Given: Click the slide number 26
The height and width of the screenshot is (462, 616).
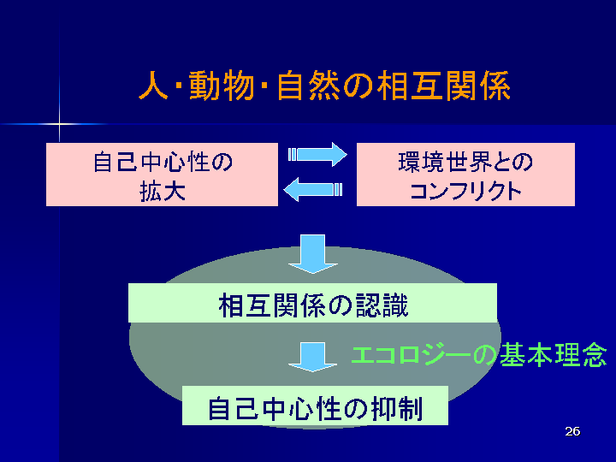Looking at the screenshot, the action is coord(572,431).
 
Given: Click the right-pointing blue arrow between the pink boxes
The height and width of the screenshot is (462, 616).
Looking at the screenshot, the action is coord(317,154).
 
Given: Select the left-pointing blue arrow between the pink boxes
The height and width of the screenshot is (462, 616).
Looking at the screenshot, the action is coord(313,189).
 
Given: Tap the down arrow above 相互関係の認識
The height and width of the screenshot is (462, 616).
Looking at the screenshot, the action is coord(313,254).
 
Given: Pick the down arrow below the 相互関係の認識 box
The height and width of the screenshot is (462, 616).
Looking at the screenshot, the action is coord(313,357).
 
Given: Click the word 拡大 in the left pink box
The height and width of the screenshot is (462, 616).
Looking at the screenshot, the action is coord(163,192).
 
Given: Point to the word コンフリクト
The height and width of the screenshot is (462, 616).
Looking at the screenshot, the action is coord(465,192).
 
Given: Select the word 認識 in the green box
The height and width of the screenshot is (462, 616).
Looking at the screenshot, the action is coord(382,305).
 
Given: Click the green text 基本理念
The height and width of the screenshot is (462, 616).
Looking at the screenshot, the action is coord(554,355).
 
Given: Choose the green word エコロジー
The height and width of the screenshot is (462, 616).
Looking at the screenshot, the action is coord(411,355).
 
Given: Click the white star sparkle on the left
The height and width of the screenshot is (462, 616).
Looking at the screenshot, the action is coord(59,124).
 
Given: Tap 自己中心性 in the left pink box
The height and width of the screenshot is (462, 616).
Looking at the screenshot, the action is coord(151,162).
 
